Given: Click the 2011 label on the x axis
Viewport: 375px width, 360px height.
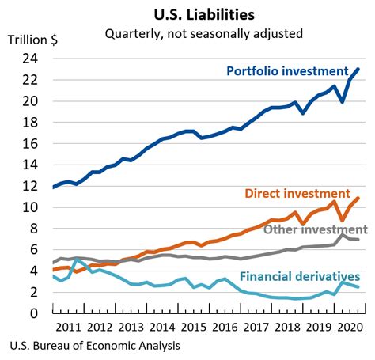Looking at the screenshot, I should (x=68, y=326).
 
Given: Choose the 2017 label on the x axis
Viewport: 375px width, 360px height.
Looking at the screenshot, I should (x=255, y=326).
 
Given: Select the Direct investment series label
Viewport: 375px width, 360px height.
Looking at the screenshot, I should (x=297, y=193).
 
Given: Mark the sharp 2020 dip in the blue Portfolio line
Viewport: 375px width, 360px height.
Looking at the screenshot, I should (x=342, y=101).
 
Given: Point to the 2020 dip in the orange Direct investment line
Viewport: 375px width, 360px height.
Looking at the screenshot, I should (x=342, y=221).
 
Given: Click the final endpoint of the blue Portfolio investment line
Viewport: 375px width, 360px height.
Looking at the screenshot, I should (x=359, y=69).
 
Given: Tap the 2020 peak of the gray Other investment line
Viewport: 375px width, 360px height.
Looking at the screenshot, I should (x=342, y=233).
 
